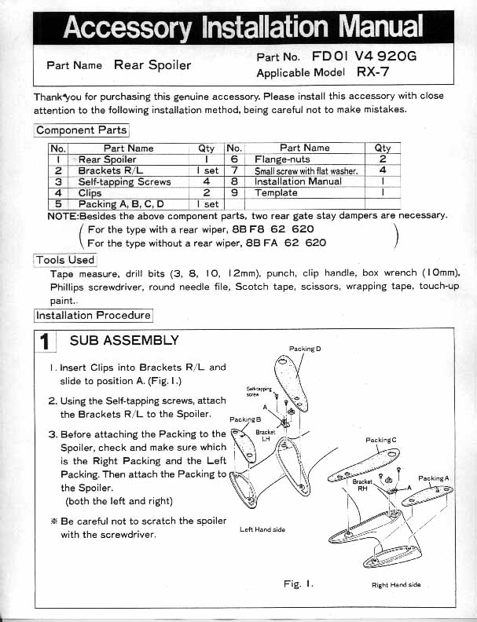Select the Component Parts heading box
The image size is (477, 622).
point(81,130)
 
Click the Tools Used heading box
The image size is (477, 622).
point(65,259)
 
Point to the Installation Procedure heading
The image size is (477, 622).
point(93,315)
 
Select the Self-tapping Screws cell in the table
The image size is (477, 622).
point(125,181)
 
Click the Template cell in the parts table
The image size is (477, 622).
point(276,192)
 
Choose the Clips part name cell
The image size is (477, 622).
point(91,192)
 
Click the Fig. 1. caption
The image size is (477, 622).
point(299,584)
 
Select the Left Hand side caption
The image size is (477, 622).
point(262,529)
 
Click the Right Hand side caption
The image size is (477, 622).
point(396,584)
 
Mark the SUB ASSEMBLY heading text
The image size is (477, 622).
point(124,341)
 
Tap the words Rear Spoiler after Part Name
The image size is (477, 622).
point(152,65)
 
